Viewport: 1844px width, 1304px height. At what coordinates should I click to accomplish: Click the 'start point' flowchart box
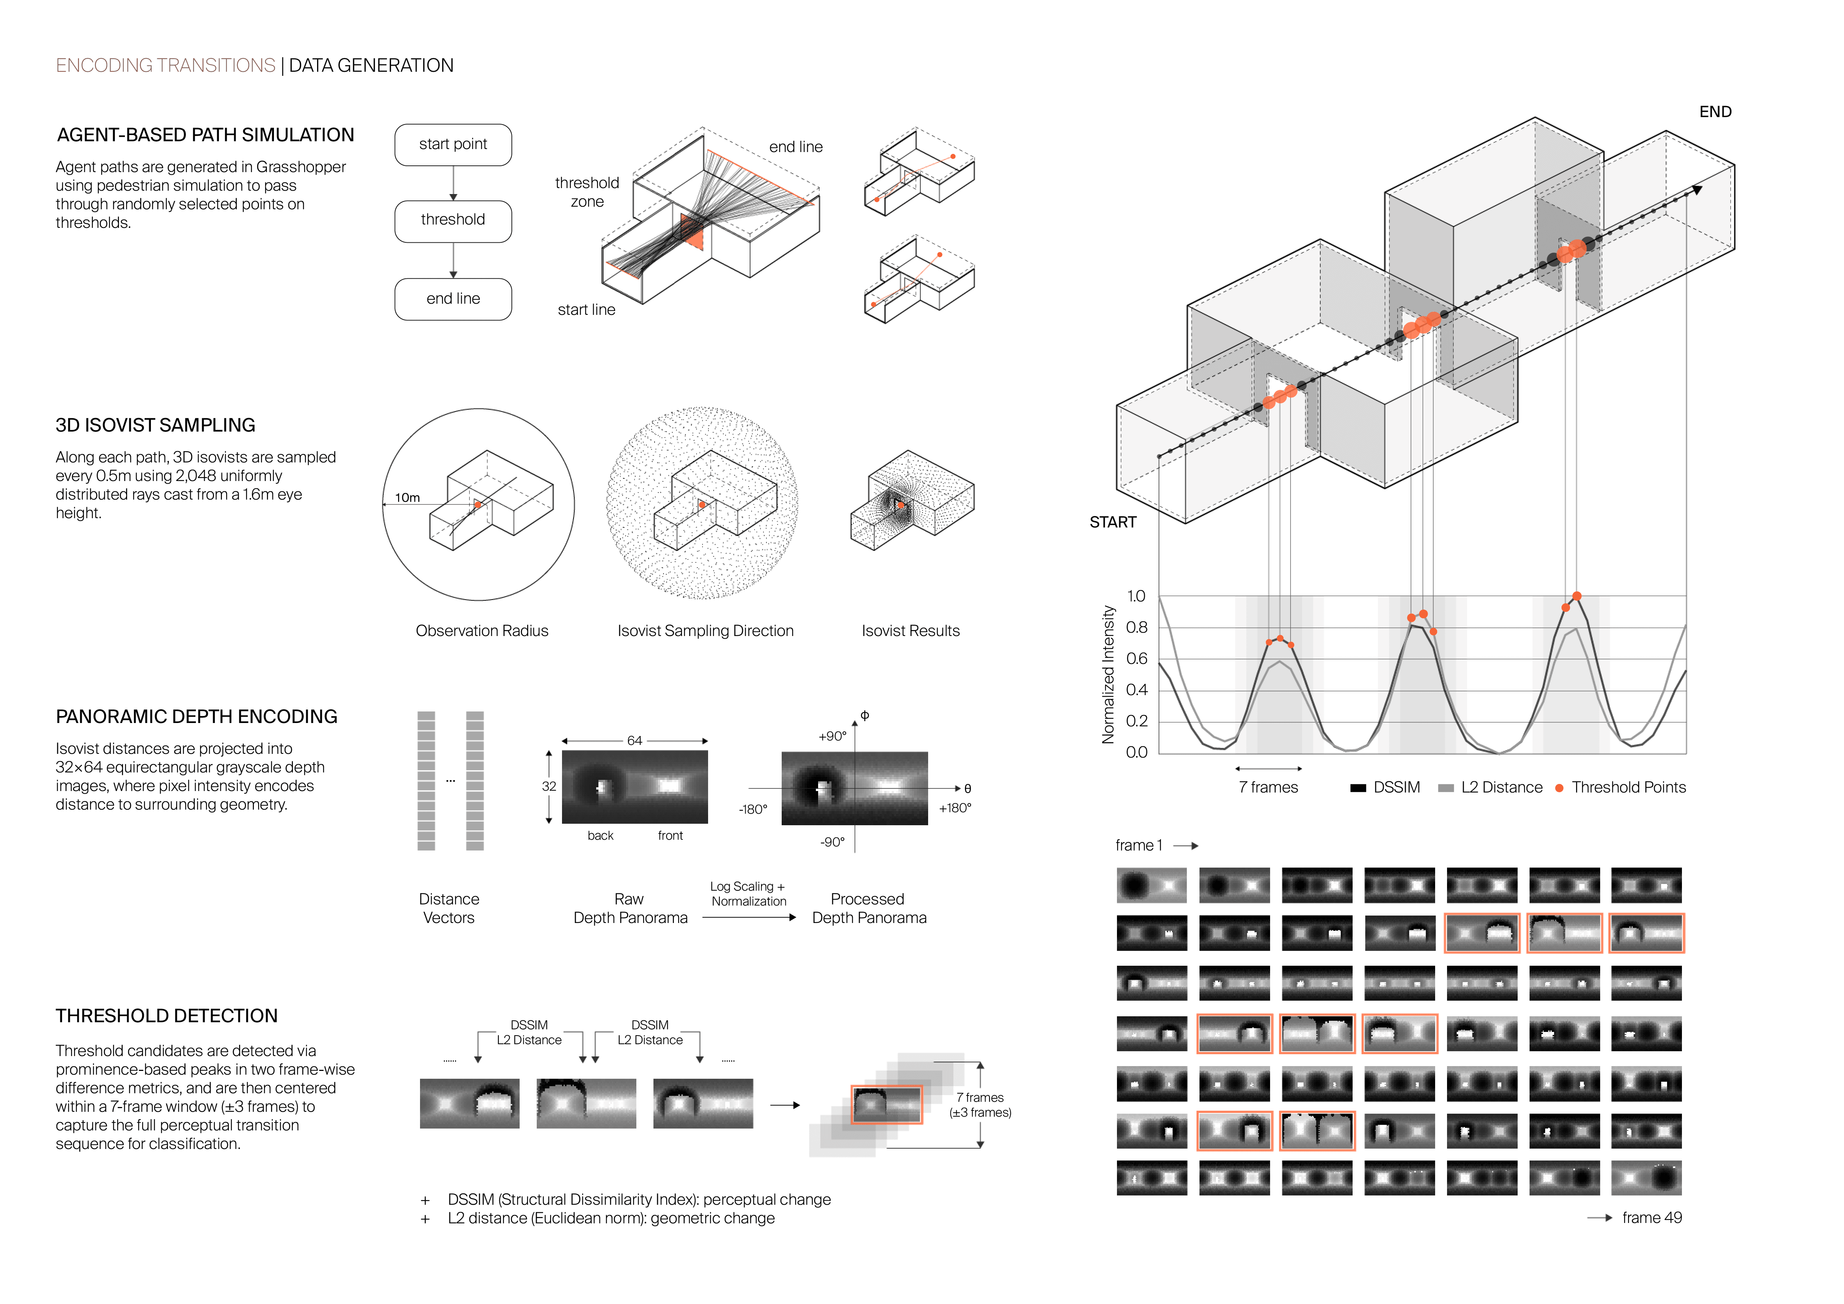[x=453, y=145]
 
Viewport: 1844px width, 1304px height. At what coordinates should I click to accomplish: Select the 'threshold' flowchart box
[x=453, y=220]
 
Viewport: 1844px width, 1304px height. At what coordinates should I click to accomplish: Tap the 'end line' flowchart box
[x=453, y=299]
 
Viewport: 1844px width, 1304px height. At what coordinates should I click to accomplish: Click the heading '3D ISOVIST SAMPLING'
[x=155, y=426]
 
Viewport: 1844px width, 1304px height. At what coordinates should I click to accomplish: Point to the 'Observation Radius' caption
[x=482, y=631]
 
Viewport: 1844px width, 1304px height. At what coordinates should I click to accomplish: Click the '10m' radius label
[x=407, y=498]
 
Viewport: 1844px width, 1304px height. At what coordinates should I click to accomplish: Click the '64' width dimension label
[x=634, y=740]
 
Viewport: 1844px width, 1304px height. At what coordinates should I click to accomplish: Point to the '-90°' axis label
[x=832, y=842]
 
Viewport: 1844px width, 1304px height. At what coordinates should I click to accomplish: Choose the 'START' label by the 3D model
[x=1112, y=523]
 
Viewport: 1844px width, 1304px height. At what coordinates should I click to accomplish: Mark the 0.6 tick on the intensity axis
[x=1136, y=659]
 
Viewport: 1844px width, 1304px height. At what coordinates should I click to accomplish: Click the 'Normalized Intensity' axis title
[x=1108, y=674]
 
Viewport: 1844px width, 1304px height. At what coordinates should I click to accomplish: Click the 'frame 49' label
[x=1651, y=1218]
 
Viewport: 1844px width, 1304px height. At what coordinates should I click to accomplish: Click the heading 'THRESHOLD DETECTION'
[x=166, y=1017]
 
